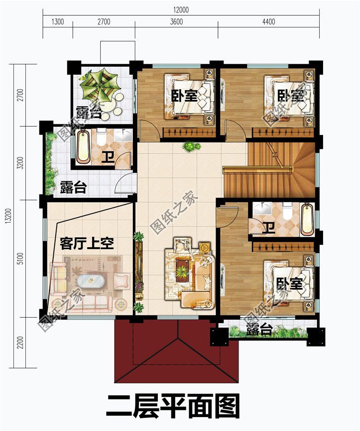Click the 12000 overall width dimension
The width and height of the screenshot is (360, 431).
coord(182,9)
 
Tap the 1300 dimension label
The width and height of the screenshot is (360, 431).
coord(57,22)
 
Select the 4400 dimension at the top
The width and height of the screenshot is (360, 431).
coord(268,22)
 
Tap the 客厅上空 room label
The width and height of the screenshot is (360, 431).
coord(87,244)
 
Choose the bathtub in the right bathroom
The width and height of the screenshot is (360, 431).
coord(306,219)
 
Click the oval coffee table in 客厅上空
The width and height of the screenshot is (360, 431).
coord(87,280)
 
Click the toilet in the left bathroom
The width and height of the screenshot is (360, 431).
coord(101,138)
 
